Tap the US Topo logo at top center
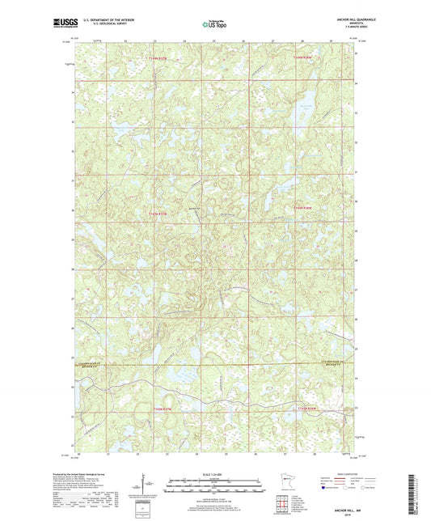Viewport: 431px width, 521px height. point(214,24)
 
